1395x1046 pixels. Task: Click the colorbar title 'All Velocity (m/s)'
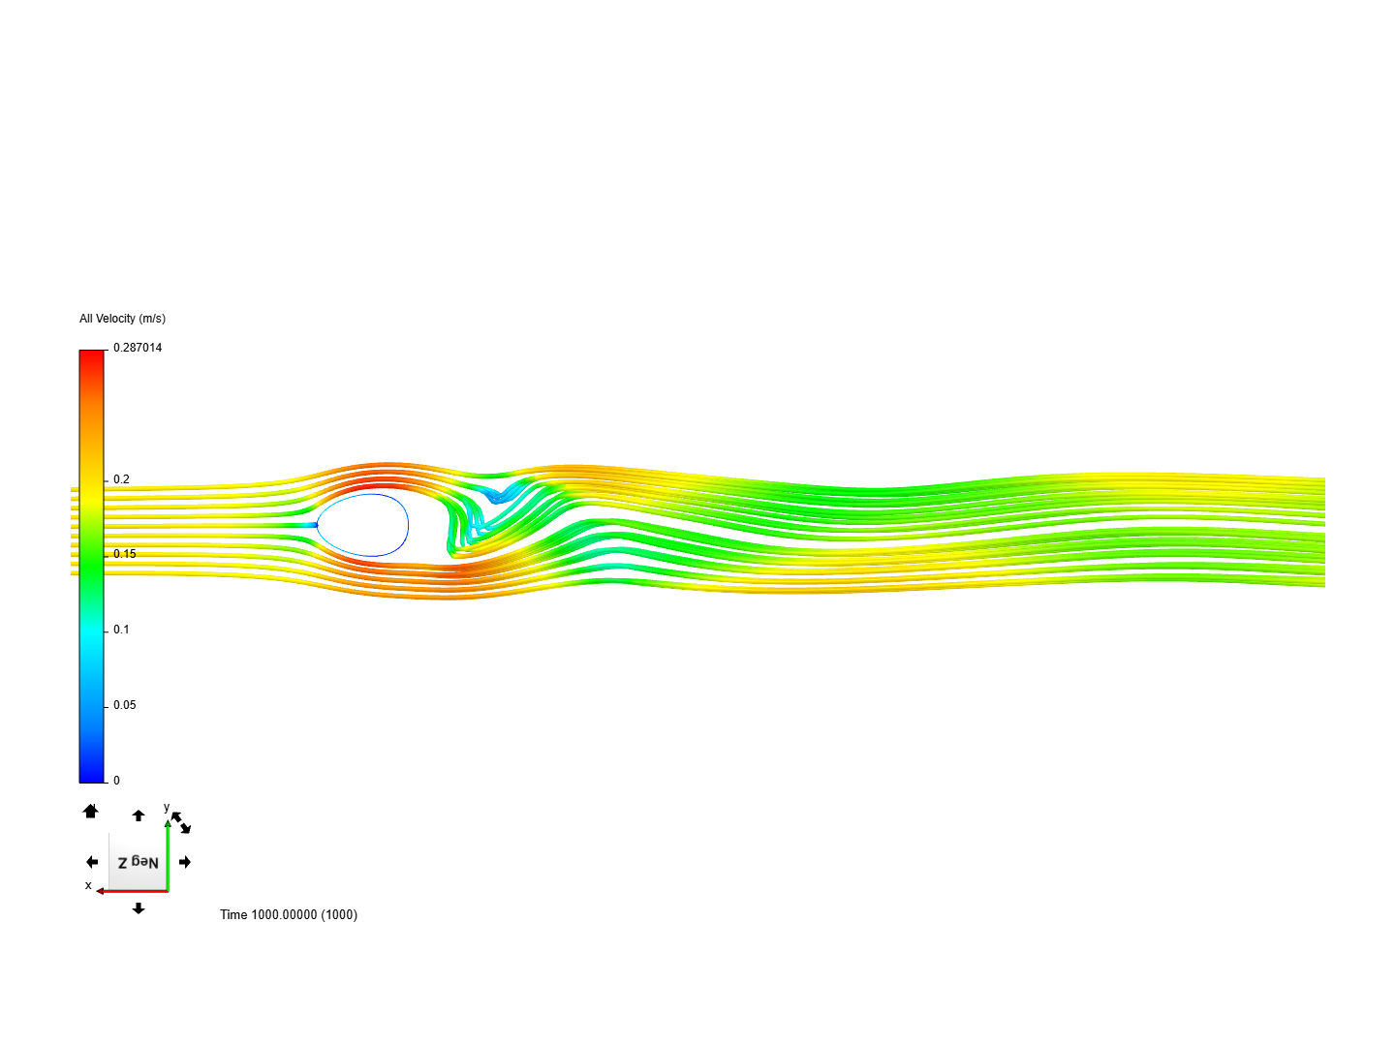tap(122, 319)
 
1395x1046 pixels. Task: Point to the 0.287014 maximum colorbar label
tap(138, 348)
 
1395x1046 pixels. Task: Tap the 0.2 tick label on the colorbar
tap(121, 478)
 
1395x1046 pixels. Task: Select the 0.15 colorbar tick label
tap(125, 554)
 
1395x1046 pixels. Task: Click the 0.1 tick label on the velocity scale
tap(121, 630)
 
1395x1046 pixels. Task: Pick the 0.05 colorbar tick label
tap(125, 705)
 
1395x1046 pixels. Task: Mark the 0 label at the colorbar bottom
tap(116, 781)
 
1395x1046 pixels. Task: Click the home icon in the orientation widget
tap(90, 811)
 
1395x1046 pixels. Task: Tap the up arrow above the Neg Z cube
tap(139, 815)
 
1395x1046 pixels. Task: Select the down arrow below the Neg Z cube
tap(139, 908)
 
